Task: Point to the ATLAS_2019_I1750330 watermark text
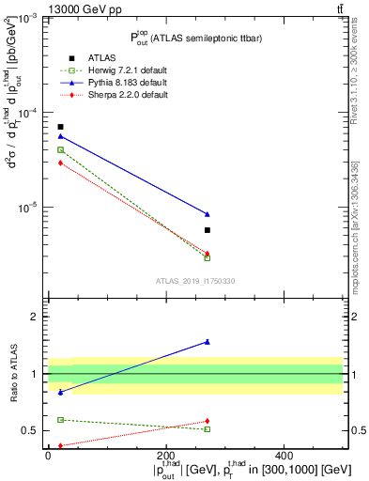pos(194,280)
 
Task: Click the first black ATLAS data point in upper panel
pos(60,127)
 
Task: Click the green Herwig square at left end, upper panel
pos(60,149)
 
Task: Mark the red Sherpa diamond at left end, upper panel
pos(60,163)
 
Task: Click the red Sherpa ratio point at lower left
pos(60,445)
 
